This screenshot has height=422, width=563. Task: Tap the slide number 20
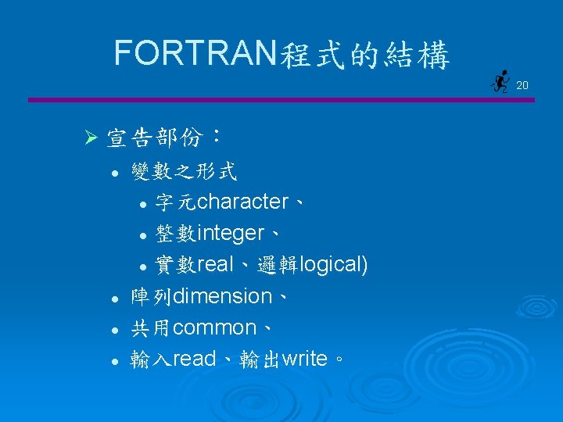pyautogui.click(x=522, y=84)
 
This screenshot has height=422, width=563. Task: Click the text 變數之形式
pyautogui.click(x=185, y=170)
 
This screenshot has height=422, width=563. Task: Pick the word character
pyautogui.click(x=243, y=202)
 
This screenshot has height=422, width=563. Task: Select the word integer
pyautogui.click(x=231, y=233)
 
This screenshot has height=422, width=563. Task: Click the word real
pyautogui.click(x=216, y=265)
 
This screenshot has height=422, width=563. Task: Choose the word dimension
pyautogui.click(x=222, y=296)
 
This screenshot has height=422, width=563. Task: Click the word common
pyautogui.click(x=214, y=327)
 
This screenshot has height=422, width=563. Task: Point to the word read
pyautogui.click(x=194, y=359)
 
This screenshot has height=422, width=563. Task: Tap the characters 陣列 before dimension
pyautogui.click(x=151, y=296)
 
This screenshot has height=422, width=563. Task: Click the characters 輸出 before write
pyautogui.click(x=260, y=359)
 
